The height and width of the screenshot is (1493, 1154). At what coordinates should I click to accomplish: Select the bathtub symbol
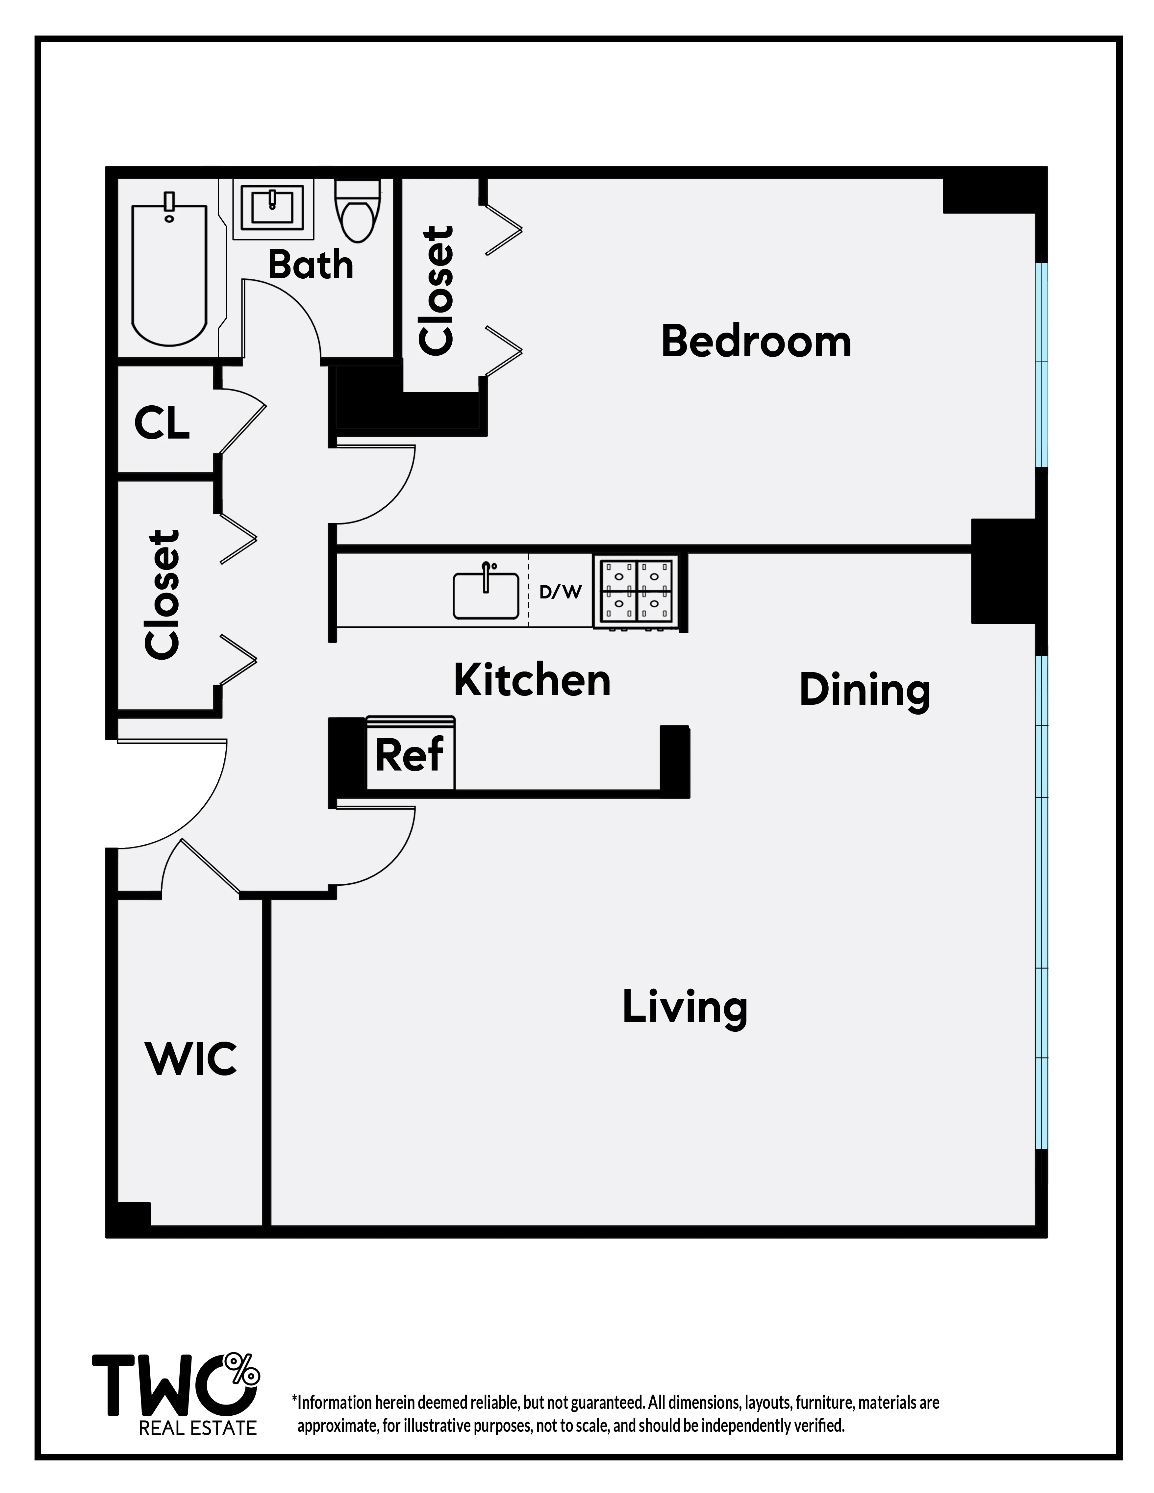(x=169, y=273)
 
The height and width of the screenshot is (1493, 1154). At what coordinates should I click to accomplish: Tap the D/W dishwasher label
(x=560, y=592)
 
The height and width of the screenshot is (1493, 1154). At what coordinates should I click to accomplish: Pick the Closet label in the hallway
(x=163, y=595)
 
